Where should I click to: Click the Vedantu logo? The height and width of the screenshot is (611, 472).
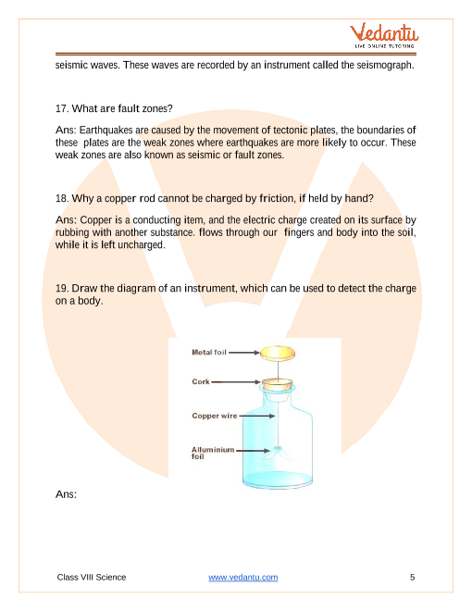pyautogui.click(x=384, y=35)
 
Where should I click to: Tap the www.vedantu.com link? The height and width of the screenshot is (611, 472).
pyautogui.click(x=243, y=577)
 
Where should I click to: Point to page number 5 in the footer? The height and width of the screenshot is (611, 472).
pyautogui.click(x=413, y=577)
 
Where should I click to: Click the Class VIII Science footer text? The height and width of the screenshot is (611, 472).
pyautogui.click(x=92, y=577)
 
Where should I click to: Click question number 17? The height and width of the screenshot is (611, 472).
pyautogui.click(x=62, y=108)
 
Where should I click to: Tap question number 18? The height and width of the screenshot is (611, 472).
pyautogui.click(x=62, y=198)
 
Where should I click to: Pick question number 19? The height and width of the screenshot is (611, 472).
pyautogui.click(x=62, y=288)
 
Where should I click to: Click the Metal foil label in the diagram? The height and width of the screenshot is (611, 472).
pyautogui.click(x=209, y=353)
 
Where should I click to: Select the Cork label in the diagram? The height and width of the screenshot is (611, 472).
pyautogui.click(x=201, y=381)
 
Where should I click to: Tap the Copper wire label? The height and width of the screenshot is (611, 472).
pyautogui.click(x=215, y=416)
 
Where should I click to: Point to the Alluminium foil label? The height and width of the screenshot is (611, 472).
pyautogui.click(x=213, y=453)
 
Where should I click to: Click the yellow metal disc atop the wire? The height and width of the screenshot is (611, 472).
pyautogui.click(x=278, y=354)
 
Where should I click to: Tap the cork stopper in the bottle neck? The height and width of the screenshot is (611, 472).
pyautogui.click(x=277, y=384)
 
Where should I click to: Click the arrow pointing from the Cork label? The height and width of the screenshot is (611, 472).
pyautogui.click(x=236, y=381)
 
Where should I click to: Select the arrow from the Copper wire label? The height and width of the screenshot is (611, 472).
pyautogui.click(x=257, y=416)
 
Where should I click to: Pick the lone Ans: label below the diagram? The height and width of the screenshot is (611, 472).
pyautogui.click(x=66, y=494)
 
